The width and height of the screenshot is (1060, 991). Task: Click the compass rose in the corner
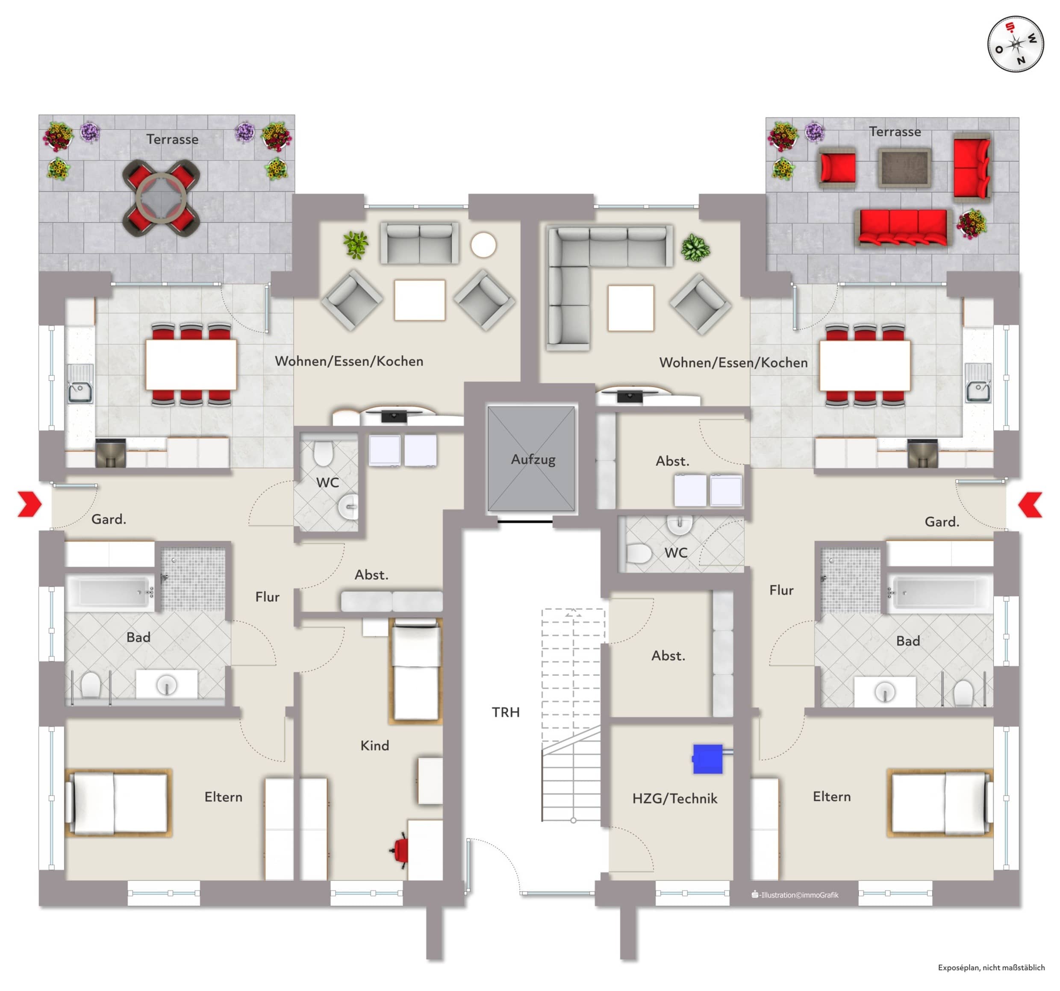pos(1015,44)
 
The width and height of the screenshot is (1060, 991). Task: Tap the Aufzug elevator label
pos(533,459)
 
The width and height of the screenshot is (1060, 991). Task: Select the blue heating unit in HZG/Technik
pos(707,759)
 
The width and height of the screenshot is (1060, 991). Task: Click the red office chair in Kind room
pos(400,850)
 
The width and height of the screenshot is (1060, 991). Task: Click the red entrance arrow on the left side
pos(29,504)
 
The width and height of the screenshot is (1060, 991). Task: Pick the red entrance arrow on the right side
pos(1030,504)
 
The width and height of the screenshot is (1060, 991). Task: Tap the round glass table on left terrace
pos(162,198)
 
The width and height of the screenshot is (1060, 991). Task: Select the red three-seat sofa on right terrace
pos(903,227)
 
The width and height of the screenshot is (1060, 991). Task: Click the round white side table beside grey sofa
pos(483,245)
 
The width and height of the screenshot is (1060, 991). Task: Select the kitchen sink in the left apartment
pos(80,383)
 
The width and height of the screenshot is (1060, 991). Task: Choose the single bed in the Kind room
pos(416,670)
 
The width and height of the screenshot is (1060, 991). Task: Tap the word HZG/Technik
pos(674,799)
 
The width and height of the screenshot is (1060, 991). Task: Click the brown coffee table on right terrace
pos(904,168)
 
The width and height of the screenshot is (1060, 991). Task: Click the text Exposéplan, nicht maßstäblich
pos(991,967)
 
